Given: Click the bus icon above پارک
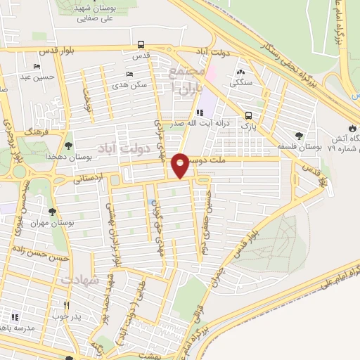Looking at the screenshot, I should [x=247, y=115].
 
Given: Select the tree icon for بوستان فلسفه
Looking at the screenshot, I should [x=300, y=136].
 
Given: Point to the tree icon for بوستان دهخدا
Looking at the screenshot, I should [x=68, y=146].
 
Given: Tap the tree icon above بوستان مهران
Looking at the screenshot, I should [x=52, y=210].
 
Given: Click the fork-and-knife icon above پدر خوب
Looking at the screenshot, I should [x=67, y=306].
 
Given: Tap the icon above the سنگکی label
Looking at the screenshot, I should [x=241, y=71].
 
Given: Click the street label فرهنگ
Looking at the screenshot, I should [x=34, y=131].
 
